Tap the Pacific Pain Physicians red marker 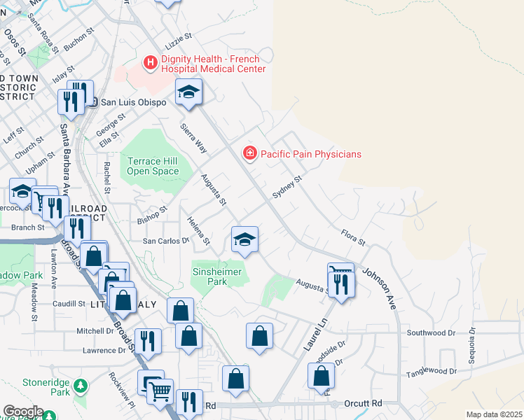pos(249,153)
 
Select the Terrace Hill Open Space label pos(153,166)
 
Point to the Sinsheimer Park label pos(219,276)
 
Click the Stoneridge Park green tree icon pos(81,385)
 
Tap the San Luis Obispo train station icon pos(92,102)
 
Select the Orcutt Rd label pos(363,404)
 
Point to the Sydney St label pos(287,187)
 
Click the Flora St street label pos(353,237)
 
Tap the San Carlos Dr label pos(167,240)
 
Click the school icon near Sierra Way pos(188,94)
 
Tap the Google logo pos(22,412)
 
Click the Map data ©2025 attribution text pos(493,414)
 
